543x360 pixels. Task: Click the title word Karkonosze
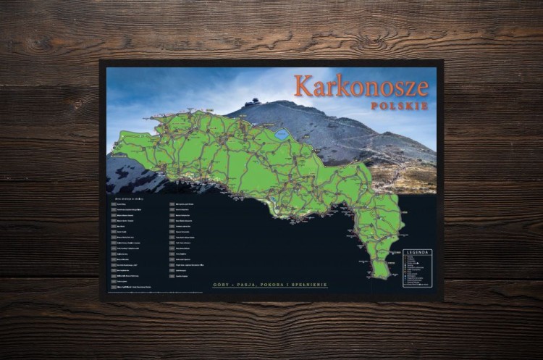[x=361, y=86]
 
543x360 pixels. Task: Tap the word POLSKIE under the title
[x=399, y=106]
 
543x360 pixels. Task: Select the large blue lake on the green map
[x=281, y=134]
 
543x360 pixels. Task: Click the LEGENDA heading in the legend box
[x=417, y=253]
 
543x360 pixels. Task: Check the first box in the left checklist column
[x=112, y=205]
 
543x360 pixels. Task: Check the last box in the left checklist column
[x=112, y=284]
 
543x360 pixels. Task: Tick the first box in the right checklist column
[x=172, y=205]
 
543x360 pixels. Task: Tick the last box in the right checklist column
[x=172, y=276]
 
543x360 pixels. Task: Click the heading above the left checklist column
[x=125, y=197]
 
